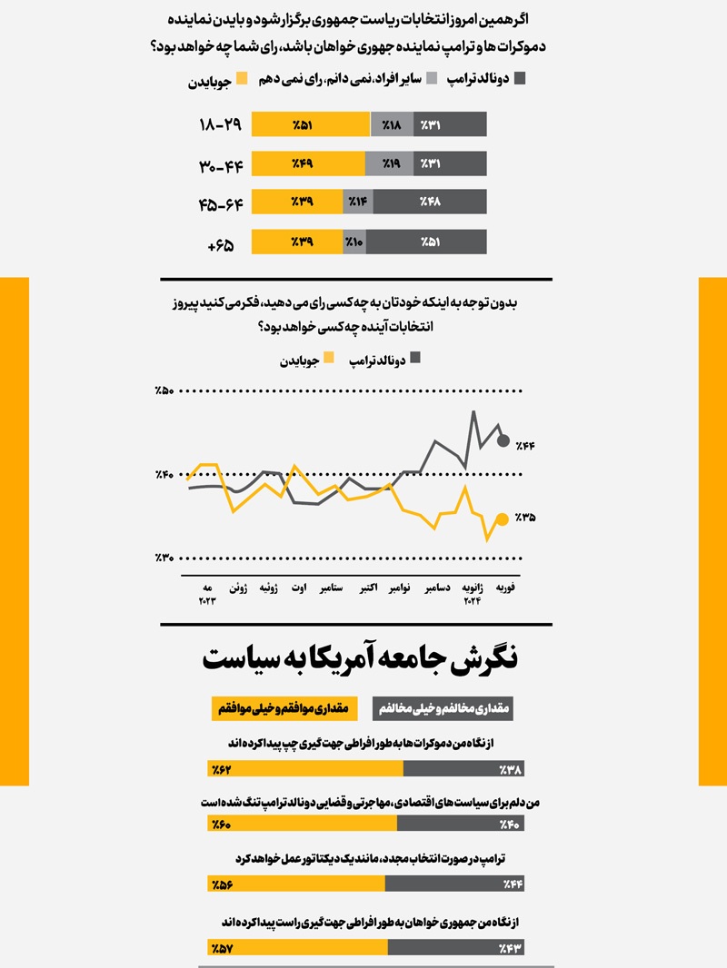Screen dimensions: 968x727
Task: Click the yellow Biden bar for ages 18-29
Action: click(311, 124)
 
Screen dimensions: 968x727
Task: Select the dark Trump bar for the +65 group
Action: click(426, 242)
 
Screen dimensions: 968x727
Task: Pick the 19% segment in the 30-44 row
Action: click(389, 163)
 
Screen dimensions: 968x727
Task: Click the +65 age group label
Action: click(221, 243)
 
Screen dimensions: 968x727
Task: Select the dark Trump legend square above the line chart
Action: click(416, 359)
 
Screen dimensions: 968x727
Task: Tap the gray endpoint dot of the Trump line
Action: click(503, 441)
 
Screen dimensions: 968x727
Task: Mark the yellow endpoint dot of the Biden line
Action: click(502, 519)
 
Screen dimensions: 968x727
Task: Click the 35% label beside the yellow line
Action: click(525, 519)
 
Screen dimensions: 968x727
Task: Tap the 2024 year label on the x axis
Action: click(473, 601)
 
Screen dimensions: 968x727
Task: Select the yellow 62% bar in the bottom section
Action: click(305, 770)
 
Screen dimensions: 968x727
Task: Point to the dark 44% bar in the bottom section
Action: click(454, 884)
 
